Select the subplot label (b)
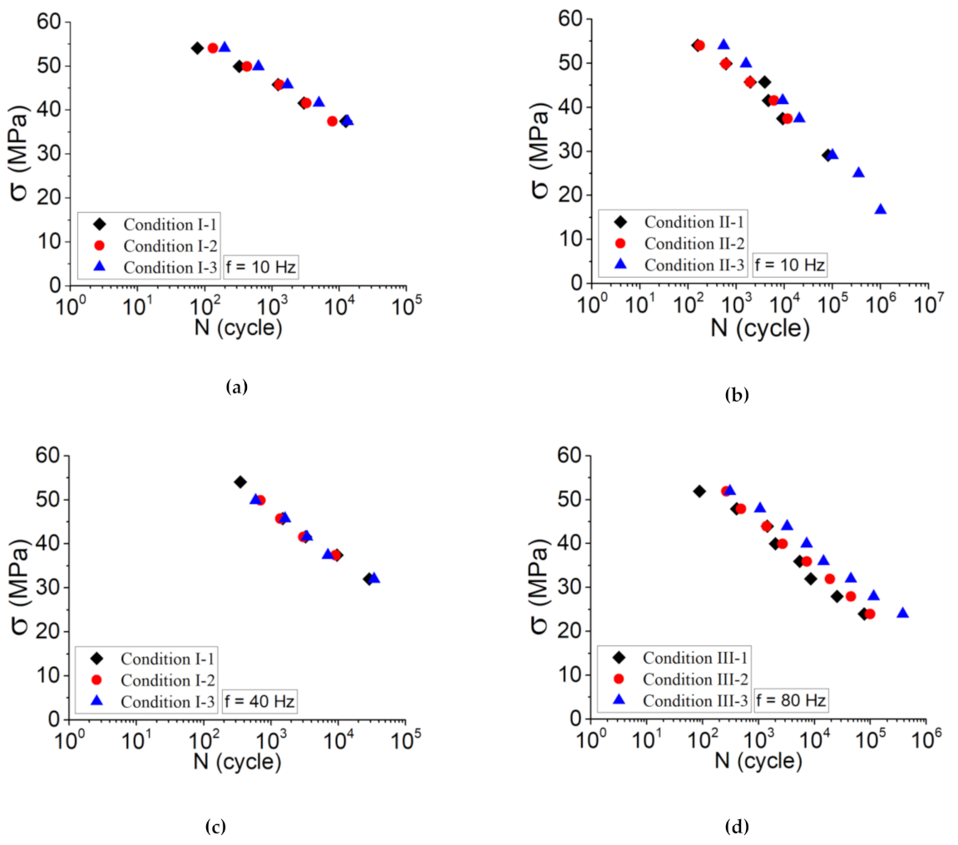pos(736,395)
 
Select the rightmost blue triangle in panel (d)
pos(902,613)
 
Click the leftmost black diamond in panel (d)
pos(699,492)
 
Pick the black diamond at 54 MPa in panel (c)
pos(240,482)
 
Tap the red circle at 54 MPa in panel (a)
pos(213,48)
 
